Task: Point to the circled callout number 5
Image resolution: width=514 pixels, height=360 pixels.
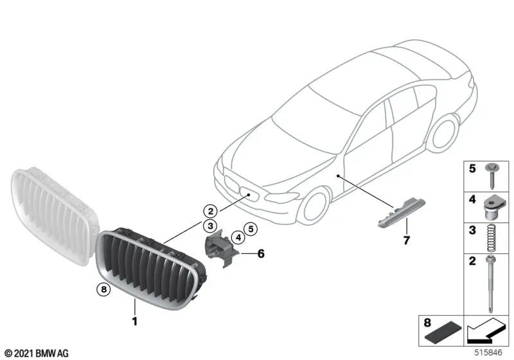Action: click(x=251, y=228)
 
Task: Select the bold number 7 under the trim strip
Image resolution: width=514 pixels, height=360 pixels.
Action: click(x=405, y=241)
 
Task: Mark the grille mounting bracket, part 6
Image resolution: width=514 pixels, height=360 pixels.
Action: click(x=219, y=248)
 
